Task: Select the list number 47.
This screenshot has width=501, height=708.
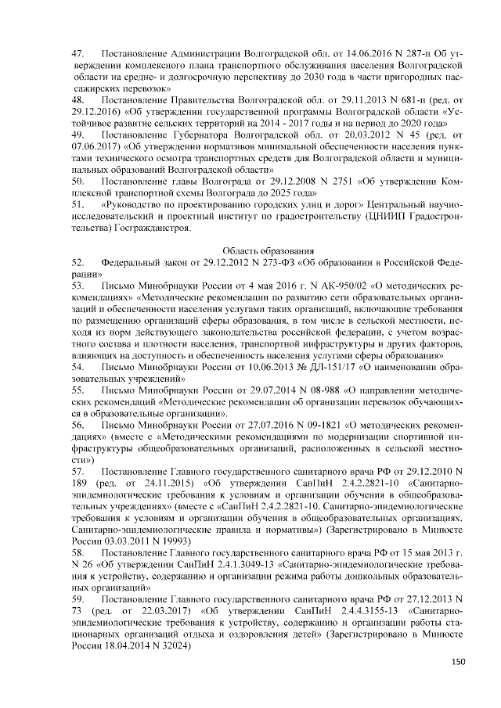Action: pos(77,54)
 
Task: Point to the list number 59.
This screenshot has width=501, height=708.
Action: pos(77,598)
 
